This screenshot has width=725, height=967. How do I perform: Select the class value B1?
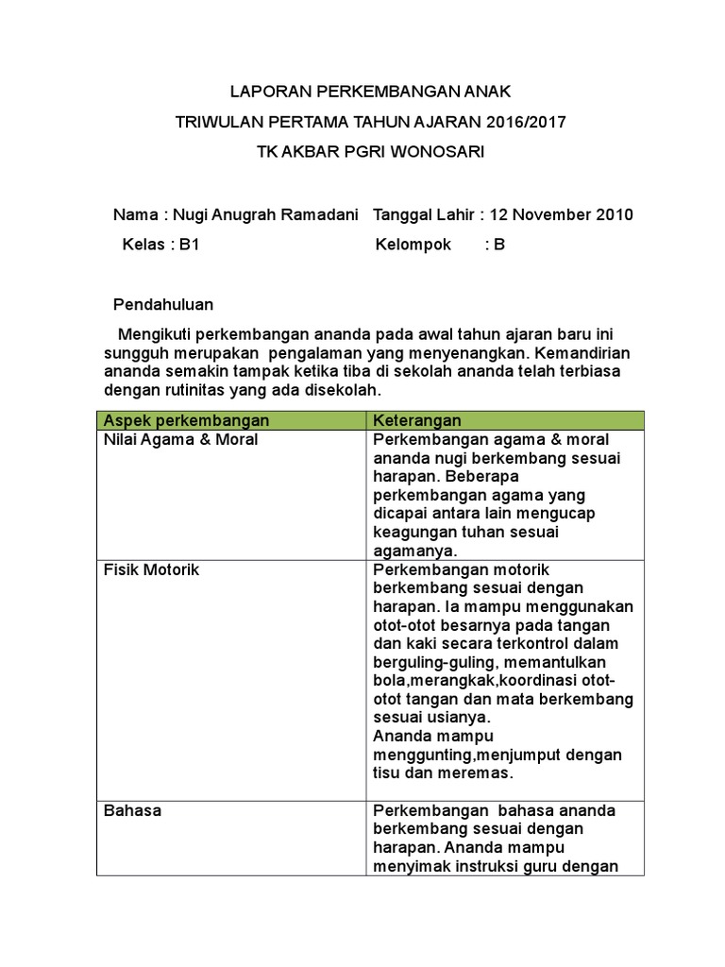pos(190,245)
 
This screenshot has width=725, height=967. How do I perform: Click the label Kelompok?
pos(413,245)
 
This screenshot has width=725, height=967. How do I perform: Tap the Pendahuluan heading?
pos(163,304)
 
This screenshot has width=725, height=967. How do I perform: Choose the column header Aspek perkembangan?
pos(186,420)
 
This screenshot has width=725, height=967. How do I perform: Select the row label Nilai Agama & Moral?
pos(180,440)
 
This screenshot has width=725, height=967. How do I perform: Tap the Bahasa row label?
pos(132,810)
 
